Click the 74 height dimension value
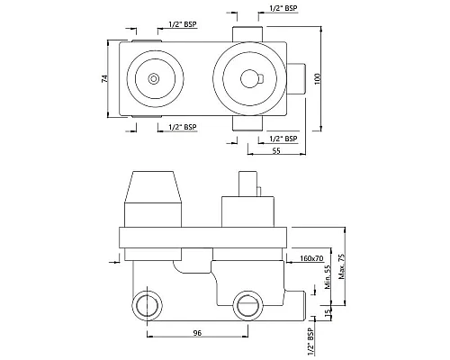coord(104,79)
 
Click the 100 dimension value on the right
coord(318,78)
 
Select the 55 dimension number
coord(276,150)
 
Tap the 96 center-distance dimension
coord(197,333)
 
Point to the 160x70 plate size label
coord(311,258)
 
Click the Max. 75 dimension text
coord(342,266)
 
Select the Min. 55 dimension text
coord(328,277)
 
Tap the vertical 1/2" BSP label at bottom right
coord(310,342)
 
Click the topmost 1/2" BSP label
coord(283,8)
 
